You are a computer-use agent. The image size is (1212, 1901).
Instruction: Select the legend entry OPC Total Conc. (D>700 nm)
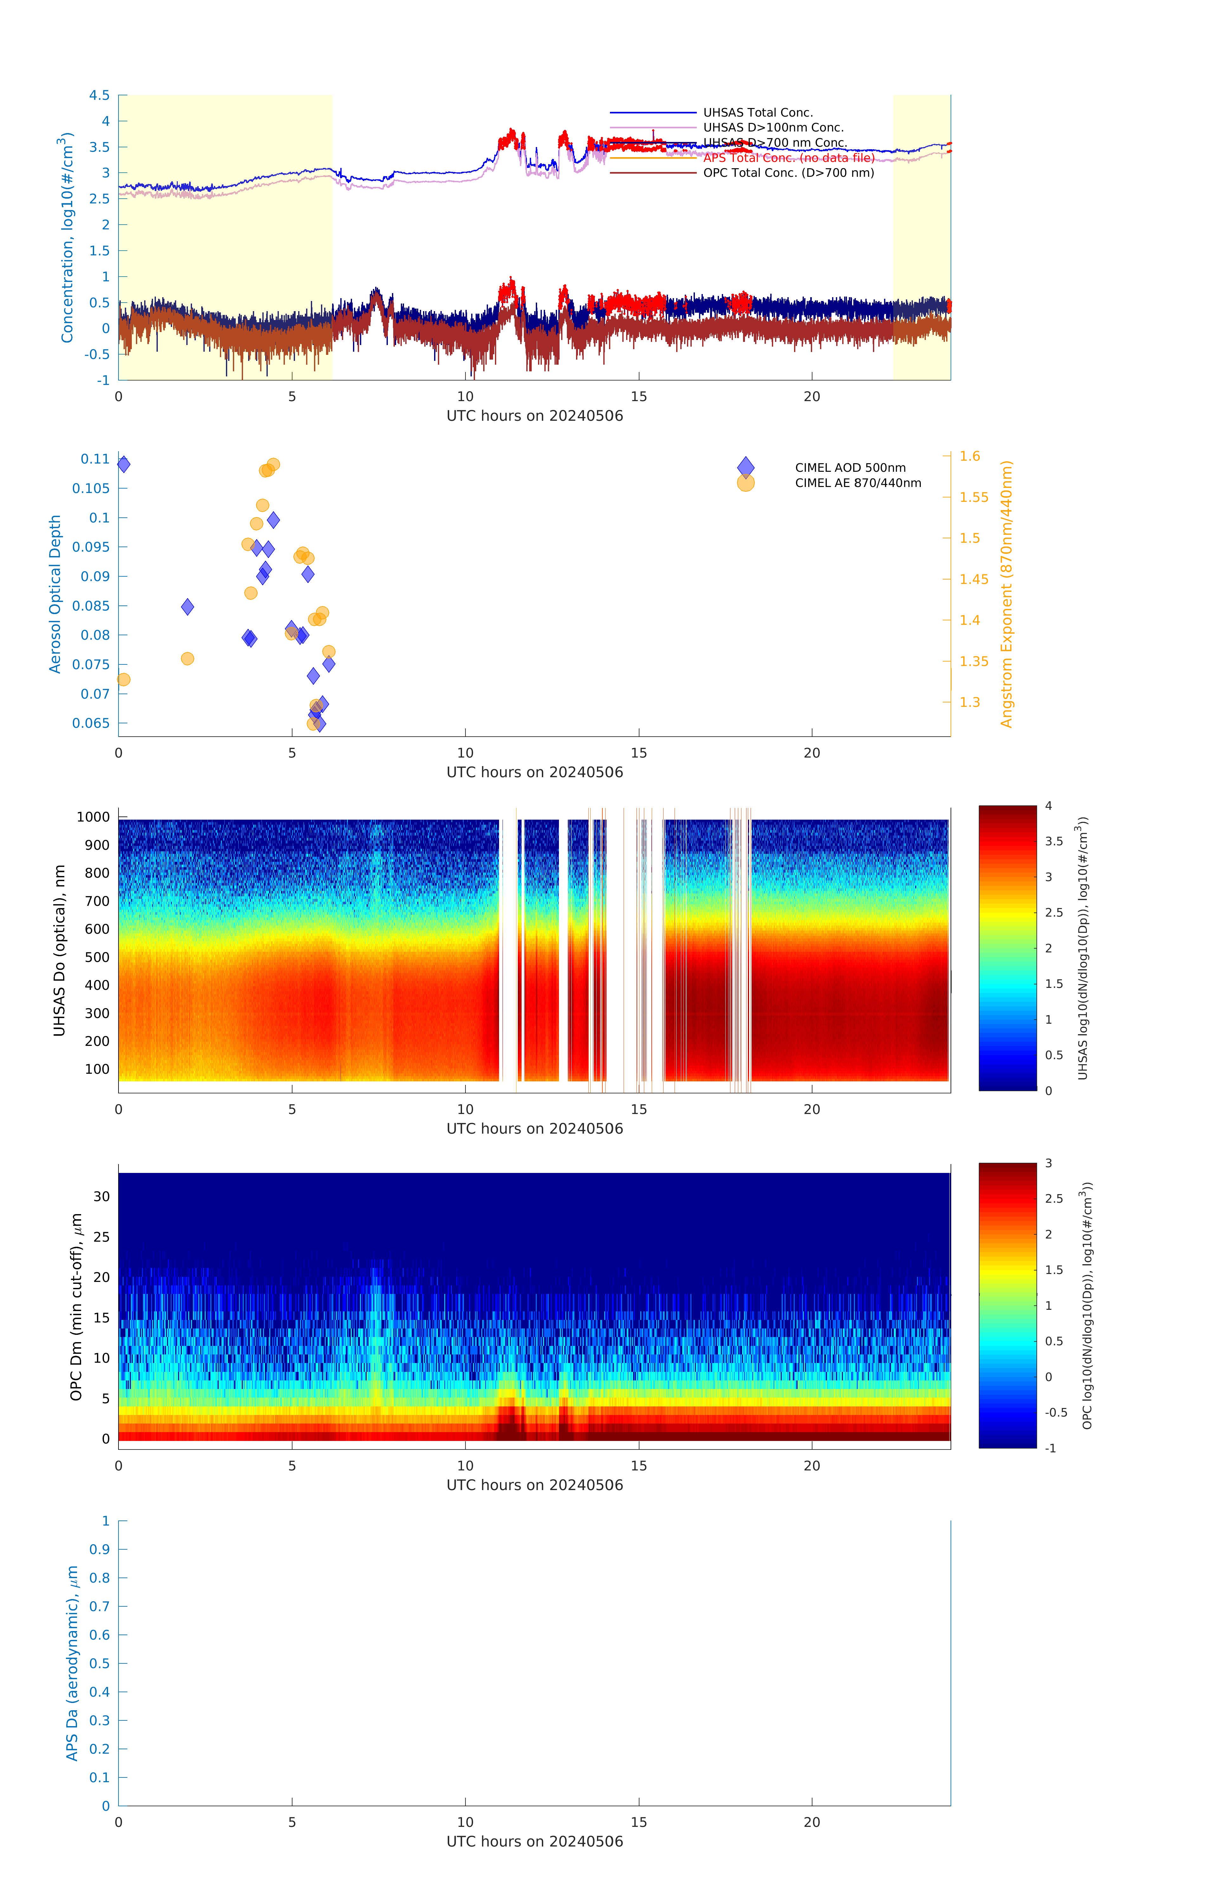[788, 173]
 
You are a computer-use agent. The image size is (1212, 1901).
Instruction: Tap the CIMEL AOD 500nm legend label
[850, 468]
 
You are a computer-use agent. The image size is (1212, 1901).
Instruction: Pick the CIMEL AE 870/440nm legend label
[857, 483]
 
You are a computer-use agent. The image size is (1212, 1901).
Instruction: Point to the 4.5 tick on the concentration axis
[99, 95]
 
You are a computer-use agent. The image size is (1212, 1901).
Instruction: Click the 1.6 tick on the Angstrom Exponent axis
[970, 456]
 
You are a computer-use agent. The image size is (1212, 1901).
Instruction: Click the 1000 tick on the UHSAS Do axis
[93, 817]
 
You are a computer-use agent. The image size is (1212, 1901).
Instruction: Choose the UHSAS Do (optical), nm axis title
[59, 951]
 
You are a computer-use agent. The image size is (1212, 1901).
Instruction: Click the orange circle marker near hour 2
[187, 658]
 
